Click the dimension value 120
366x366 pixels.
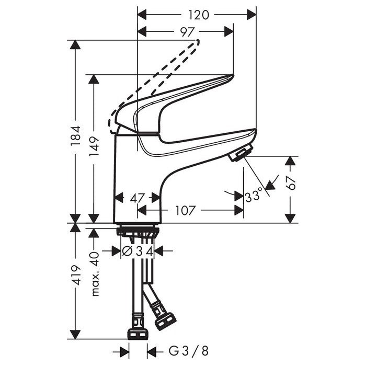click(197, 15)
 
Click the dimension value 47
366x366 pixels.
click(137, 198)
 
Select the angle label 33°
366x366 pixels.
click(254, 197)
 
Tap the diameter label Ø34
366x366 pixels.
click(138, 251)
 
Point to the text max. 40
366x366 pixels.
click(95, 273)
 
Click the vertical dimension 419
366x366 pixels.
click(76, 274)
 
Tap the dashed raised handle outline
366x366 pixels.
click(157, 78)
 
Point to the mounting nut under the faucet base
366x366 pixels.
click(138, 231)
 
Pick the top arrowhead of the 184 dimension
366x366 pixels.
click(76, 45)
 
